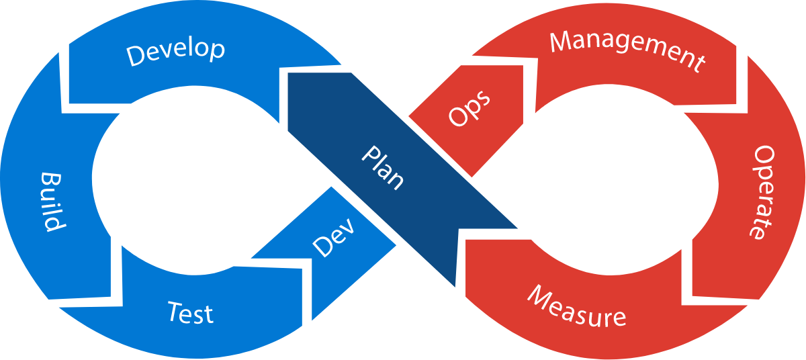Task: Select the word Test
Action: pyautogui.click(x=190, y=313)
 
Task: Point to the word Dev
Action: pyautogui.click(x=333, y=237)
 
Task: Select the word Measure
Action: pyautogui.click(x=576, y=306)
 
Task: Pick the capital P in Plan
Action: pyautogui.click(x=369, y=154)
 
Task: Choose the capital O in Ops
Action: pyautogui.click(x=458, y=118)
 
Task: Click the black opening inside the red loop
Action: pyautogui.click(x=618, y=181)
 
